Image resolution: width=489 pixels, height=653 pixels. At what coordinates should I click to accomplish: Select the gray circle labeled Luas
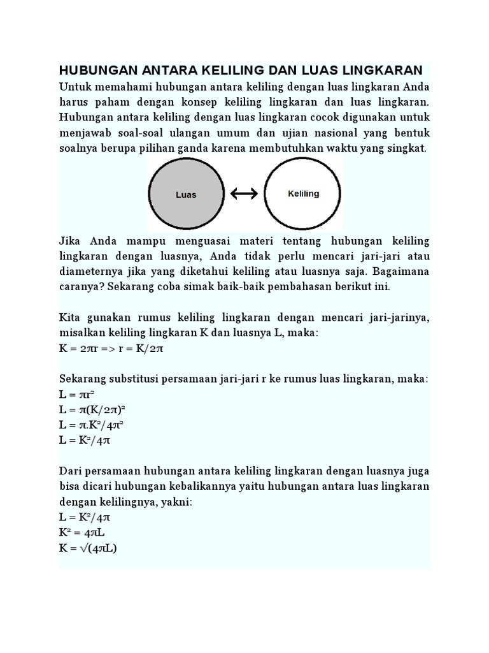pos(186,194)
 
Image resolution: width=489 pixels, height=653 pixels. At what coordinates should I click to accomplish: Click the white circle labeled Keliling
pos(303,193)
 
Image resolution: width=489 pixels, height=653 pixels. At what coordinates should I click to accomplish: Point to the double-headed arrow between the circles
pos(244,194)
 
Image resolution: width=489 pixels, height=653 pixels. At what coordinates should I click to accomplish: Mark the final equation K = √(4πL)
pos(92,548)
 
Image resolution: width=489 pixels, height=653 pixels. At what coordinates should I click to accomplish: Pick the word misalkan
pos(83,333)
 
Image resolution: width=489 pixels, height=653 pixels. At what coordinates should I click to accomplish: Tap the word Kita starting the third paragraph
pos(70,317)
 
